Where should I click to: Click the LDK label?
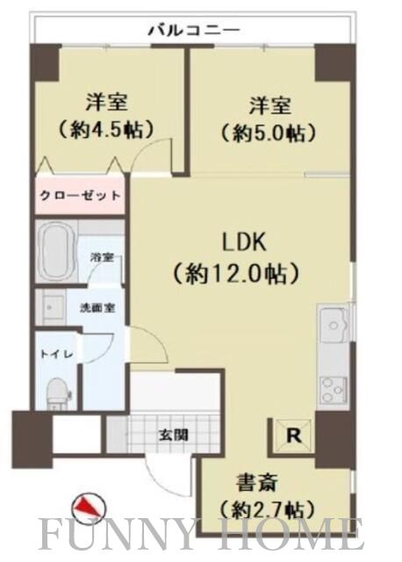click(x=248, y=241)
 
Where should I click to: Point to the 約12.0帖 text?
click(x=249, y=272)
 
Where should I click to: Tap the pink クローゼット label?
click(x=80, y=196)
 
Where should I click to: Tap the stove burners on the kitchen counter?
click(x=334, y=387)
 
